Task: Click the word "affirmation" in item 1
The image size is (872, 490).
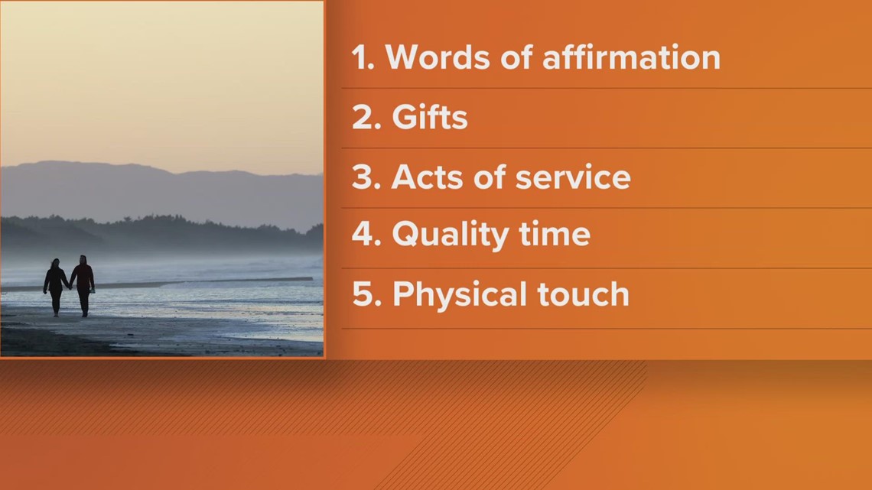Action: pyautogui.click(x=632, y=58)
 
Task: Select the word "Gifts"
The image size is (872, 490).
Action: pyautogui.click(x=429, y=118)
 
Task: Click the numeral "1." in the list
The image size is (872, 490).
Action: pyautogui.click(x=363, y=58)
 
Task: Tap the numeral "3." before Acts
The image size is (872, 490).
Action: pyautogui.click(x=366, y=177)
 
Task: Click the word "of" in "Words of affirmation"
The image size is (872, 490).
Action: pyautogui.click(x=516, y=58)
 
